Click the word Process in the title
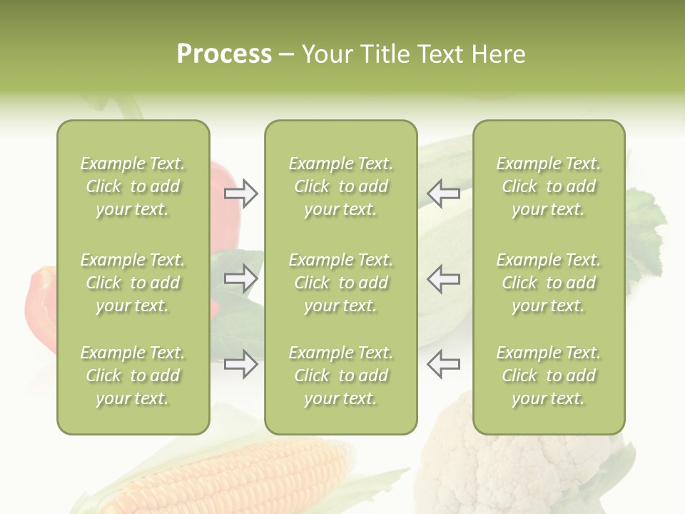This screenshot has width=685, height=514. point(224,54)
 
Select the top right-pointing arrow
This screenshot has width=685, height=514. point(240,193)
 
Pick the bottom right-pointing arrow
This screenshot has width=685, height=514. point(240,364)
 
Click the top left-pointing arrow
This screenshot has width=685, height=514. point(443,193)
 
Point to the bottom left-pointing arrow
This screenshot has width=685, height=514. point(443,364)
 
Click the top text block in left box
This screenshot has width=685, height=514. point(133,186)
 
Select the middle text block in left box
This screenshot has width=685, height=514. point(133,283)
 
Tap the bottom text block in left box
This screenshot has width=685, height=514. point(133,376)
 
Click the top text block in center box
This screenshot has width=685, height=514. point(341,186)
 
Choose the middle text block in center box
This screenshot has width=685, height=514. point(341,283)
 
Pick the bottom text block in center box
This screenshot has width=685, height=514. point(341,376)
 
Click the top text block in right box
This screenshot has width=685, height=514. point(549,186)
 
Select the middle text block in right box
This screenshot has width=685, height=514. point(549,283)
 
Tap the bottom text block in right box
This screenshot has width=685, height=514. point(549,376)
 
